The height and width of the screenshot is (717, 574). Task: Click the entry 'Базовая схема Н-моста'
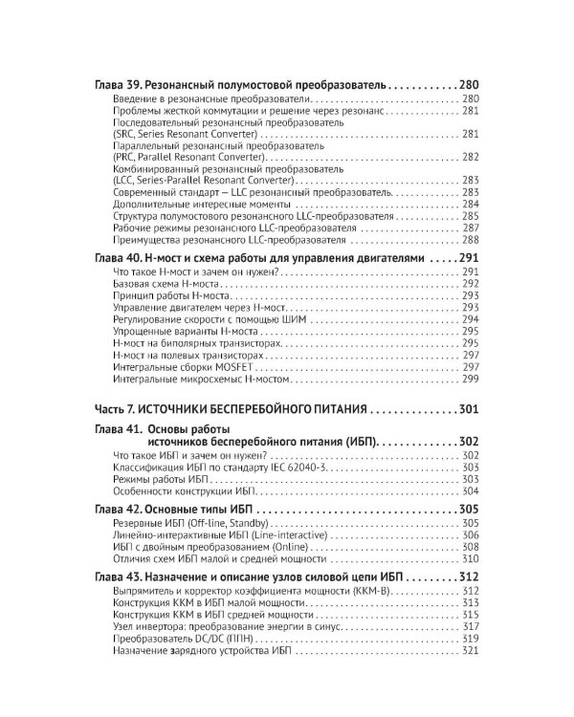(166, 284)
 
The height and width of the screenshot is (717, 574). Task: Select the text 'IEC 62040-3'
(304, 468)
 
